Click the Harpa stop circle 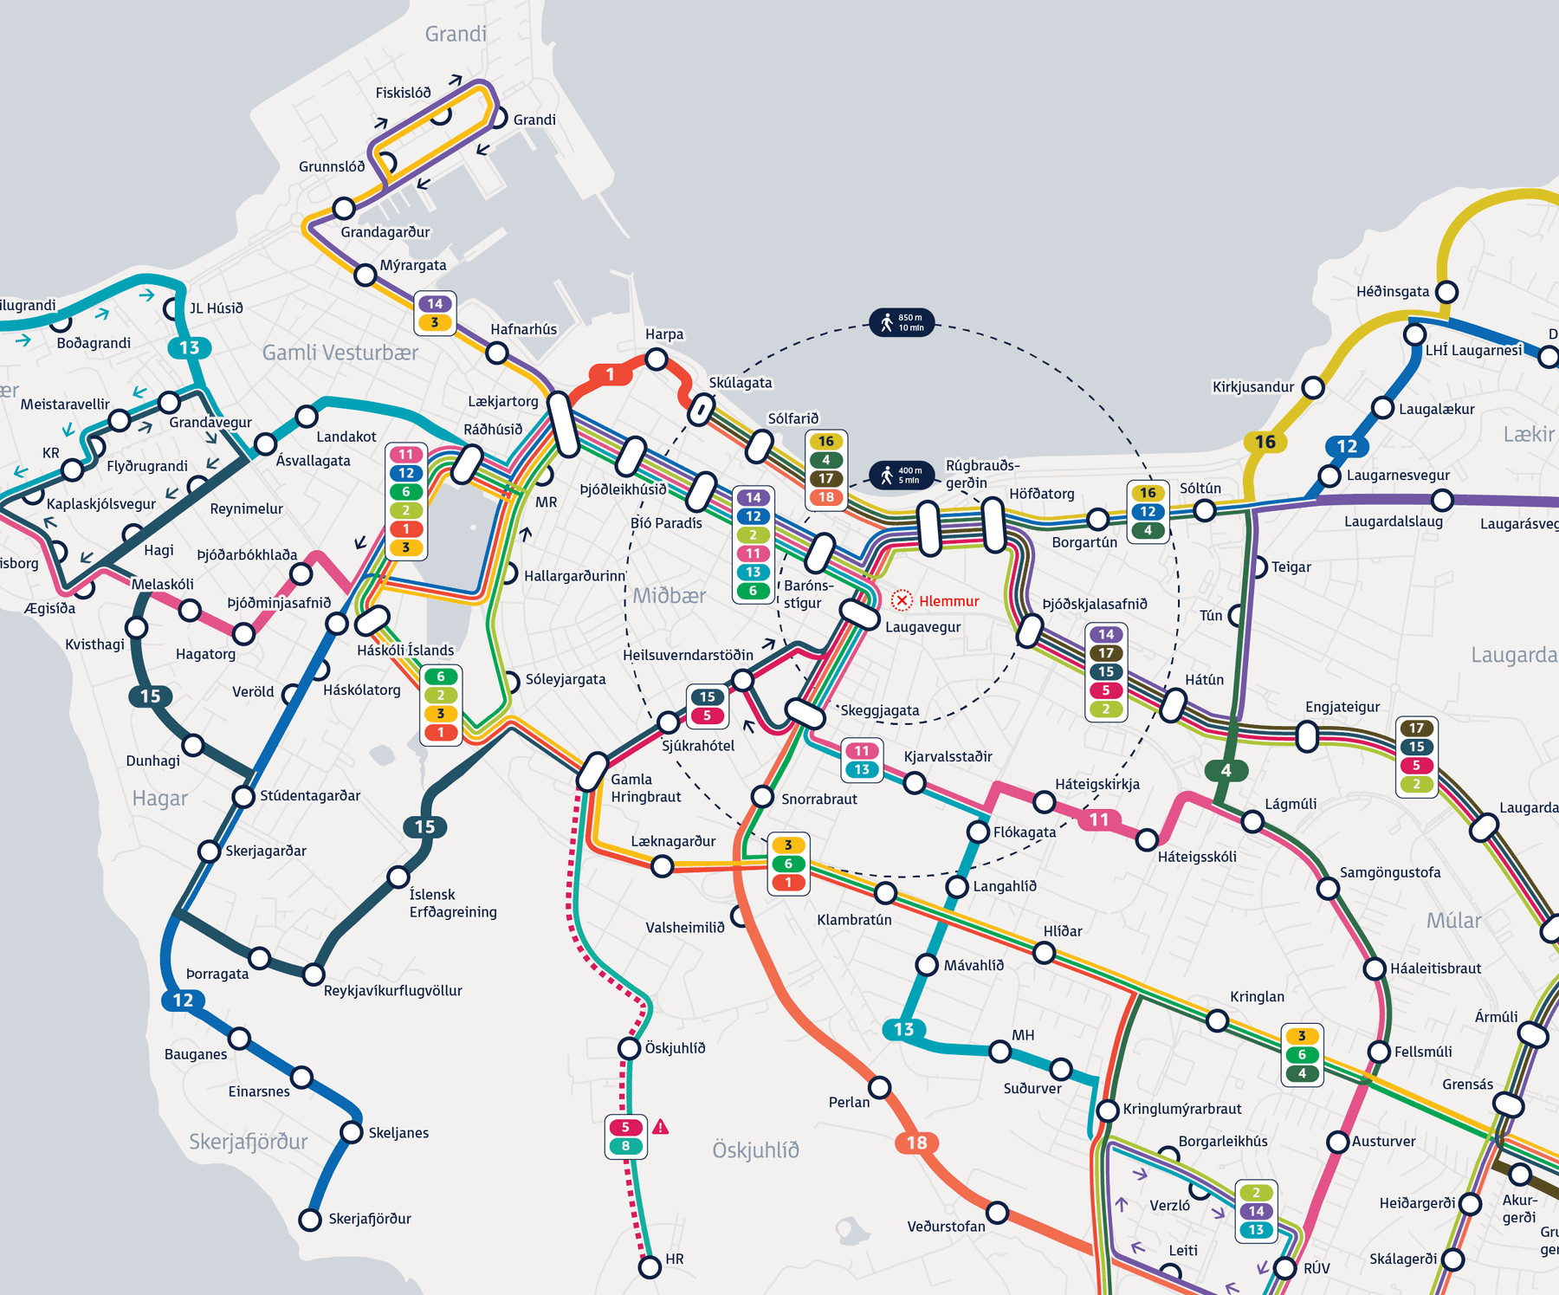[x=657, y=359]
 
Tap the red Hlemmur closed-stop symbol [x=902, y=600]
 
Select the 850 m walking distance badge [x=902, y=322]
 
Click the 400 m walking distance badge [x=902, y=475]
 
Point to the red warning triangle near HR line [x=661, y=1127]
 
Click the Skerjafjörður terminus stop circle [x=310, y=1220]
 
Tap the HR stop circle [x=650, y=1267]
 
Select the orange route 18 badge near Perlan [x=916, y=1143]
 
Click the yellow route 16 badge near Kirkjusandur [x=1265, y=442]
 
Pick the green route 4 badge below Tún [x=1226, y=770]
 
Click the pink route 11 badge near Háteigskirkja [x=1098, y=819]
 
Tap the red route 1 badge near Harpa [x=611, y=374]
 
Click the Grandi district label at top [x=456, y=34]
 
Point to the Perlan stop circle [x=880, y=1086]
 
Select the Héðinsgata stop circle [x=1446, y=291]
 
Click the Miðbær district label [x=669, y=595]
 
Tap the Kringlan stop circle [x=1218, y=1020]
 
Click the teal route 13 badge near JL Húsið [x=189, y=347]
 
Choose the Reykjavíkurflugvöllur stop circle [x=314, y=974]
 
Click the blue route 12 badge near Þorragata [x=183, y=1000]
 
